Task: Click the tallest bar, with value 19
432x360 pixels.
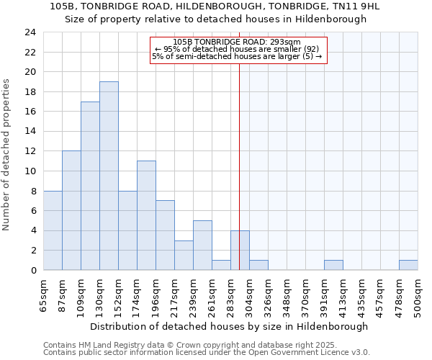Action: point(109,176)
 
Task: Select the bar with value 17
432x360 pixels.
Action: point(90,186)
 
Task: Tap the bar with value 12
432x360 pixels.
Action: point(71,210)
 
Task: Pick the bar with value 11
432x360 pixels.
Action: point(146,215)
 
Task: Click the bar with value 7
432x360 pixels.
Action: point(165,235)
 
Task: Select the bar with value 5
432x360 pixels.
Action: point(202,246)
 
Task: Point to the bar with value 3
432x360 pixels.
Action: point(184,255)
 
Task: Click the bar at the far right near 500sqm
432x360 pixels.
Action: point(408,265)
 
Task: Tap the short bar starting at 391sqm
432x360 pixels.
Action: point(333,265)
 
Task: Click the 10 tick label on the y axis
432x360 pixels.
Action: point(30,171)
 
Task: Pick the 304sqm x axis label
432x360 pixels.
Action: point(249,295)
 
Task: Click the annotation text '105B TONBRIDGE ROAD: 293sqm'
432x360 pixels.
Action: point(237,42)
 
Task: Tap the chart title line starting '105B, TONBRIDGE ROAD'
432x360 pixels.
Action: point(215,6)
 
